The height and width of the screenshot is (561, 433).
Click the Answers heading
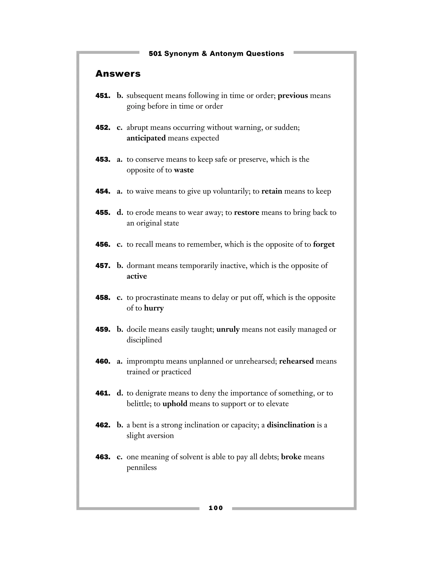[x=118, y=74]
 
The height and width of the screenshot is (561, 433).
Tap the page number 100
[x=216, y=508]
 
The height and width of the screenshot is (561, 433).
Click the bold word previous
[x=293, y=96]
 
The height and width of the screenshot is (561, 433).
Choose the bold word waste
[x=184, y=170]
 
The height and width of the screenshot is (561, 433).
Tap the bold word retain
[x=272, y=191]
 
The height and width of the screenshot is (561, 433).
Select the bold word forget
[x=324, y=245]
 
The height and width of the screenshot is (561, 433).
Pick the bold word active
[x=137, y=276]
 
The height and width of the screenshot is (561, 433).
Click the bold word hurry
[x=154, y=308]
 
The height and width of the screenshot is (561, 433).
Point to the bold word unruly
[x=228, y=330]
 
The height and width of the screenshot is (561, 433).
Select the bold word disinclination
[x=291, y=425]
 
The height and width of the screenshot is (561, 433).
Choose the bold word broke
[x=291, y=457]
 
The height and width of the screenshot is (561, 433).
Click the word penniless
[x=142, y=467]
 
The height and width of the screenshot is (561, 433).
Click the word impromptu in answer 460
[x=145, y=362]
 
